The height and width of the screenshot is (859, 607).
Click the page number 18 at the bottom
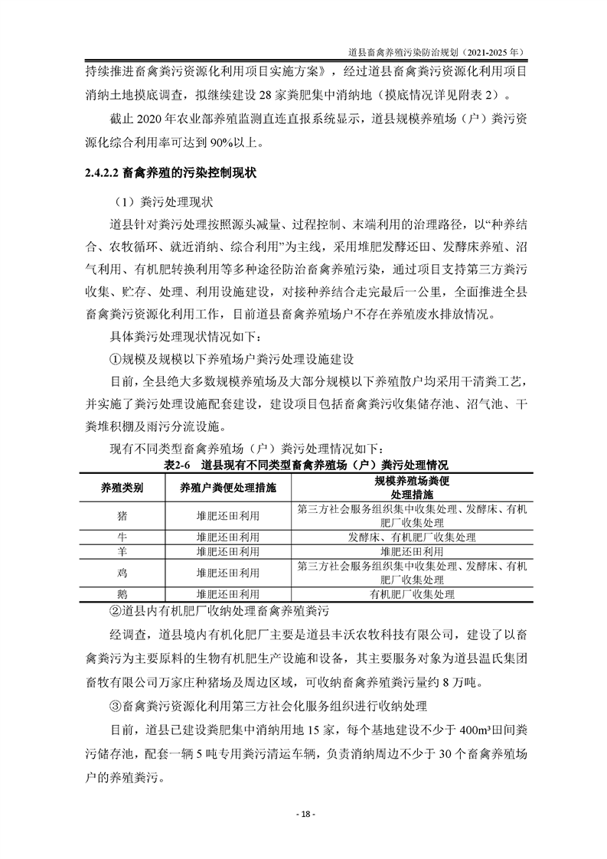tap(303, 814)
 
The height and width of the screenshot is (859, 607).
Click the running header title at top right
tap(435, 54)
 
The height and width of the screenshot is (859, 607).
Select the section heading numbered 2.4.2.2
tap(170, 174)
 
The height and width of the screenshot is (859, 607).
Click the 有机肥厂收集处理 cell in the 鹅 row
tap(412, 593)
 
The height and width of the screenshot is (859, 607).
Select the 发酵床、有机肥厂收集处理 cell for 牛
tap(412, 537)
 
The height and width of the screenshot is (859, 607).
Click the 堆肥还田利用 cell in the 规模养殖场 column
tap(412, 551)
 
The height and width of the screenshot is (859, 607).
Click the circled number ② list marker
tap(116, 610)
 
